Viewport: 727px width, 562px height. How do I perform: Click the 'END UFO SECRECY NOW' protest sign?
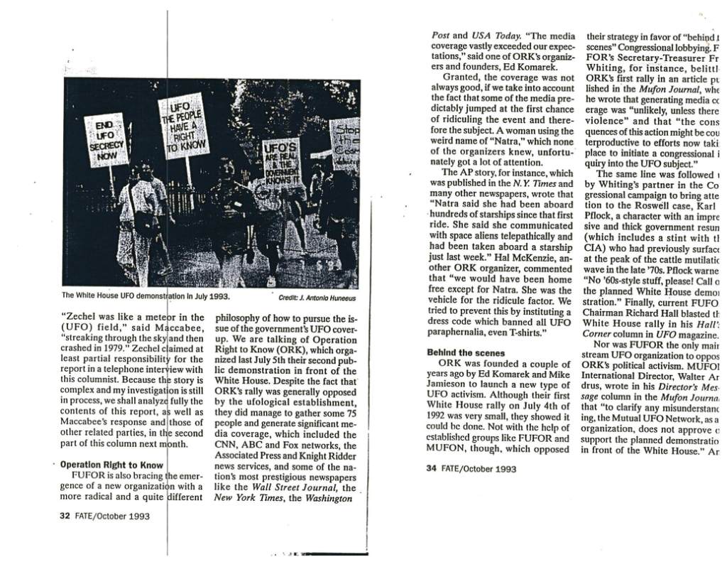106,140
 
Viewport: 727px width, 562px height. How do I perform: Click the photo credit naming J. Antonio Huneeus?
317,298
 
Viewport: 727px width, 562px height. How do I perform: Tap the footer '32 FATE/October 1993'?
104,516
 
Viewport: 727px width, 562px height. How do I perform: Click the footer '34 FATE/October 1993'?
471,468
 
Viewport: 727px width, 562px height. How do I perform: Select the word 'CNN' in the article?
227,445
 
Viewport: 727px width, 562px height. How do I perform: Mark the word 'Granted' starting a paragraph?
462,77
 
